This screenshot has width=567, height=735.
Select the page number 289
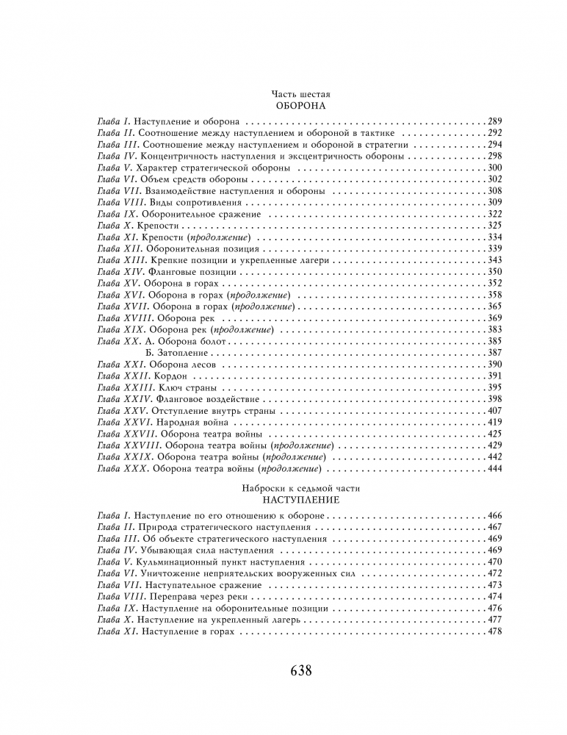click(x=495, y=120)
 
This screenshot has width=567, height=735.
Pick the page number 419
click(x=495, y=423)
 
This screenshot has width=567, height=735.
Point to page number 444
click(x=495, y=469)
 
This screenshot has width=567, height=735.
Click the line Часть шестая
click(x=301, y=94)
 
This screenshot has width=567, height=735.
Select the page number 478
click(x=495, y=631)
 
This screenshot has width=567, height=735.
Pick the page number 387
click(x=495, y=353)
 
